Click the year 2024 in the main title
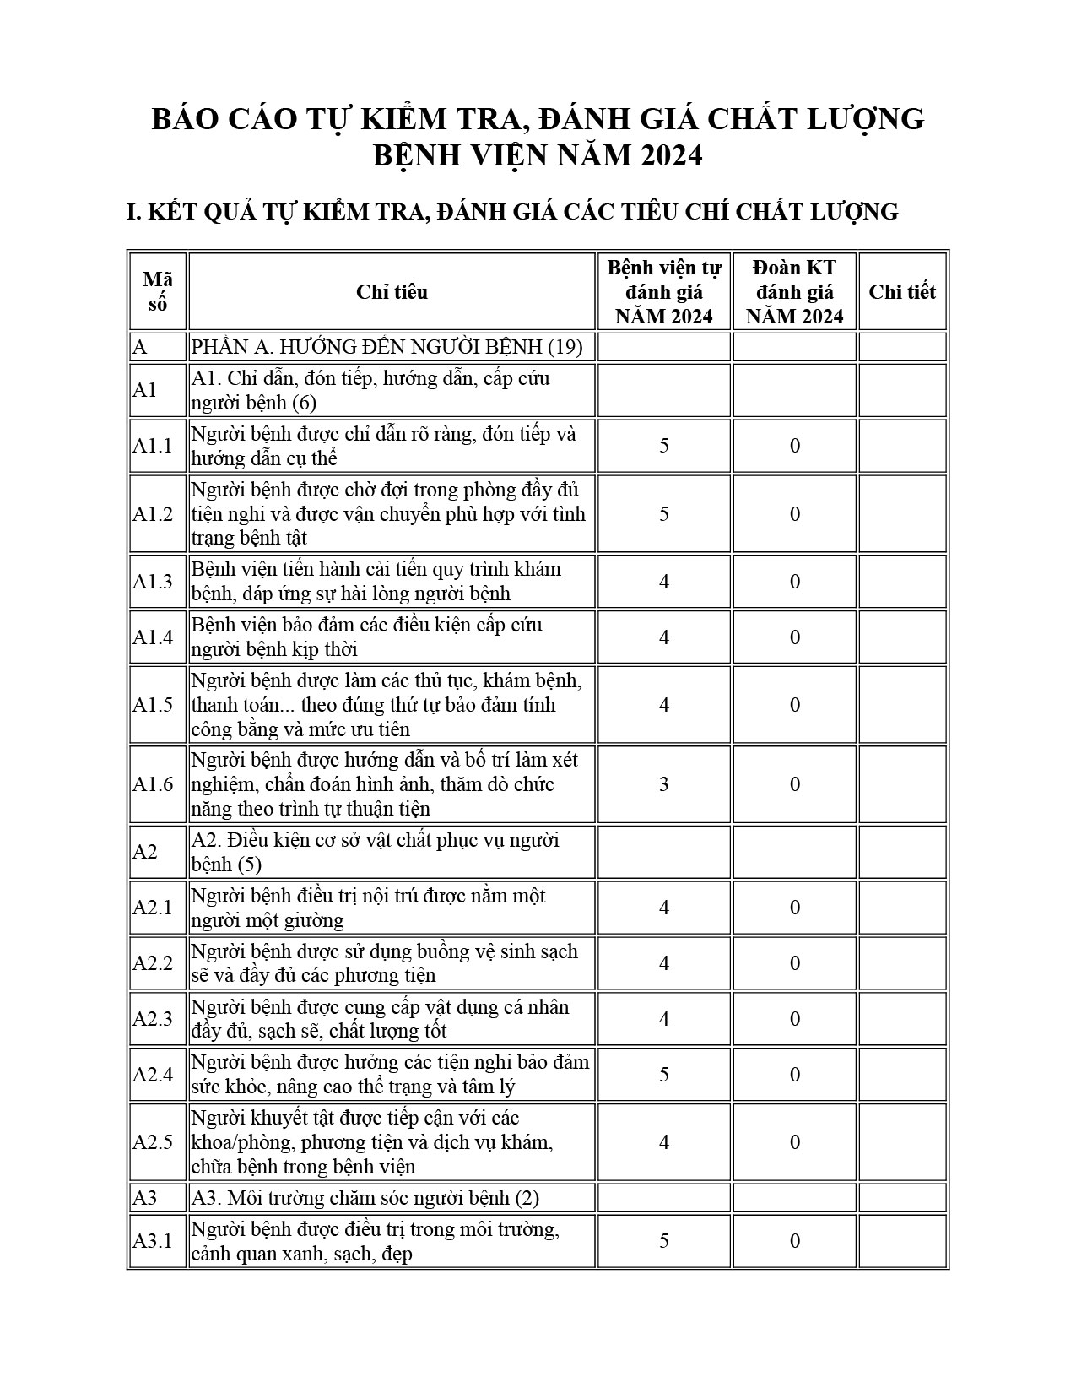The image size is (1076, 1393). click(670, 156)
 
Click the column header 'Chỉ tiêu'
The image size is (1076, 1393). click(392, 292)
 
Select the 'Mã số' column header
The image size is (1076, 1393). click(157, 292)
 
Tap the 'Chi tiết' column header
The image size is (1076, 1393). click(902, 292)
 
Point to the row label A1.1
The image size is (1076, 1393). click(152, 446)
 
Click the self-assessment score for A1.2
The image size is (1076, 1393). click(664, 514)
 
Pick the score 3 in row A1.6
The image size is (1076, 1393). click(664, 784)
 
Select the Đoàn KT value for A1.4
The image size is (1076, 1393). click(795, 637)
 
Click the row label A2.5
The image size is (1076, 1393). click(153, 1142)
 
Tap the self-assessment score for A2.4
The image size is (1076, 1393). click(664, 1075)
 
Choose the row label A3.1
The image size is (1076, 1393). click(152, 1241)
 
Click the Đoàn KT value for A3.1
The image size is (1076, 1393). click(795, 1241)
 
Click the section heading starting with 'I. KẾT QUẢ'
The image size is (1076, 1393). click(512, 212)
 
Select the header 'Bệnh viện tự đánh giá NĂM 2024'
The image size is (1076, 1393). click(664, 292)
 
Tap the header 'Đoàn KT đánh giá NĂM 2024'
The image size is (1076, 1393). click(795, 292)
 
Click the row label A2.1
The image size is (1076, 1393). click(152, 908)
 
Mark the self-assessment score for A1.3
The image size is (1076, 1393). click(664, 582)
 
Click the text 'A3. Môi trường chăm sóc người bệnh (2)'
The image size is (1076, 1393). click(365, 1198)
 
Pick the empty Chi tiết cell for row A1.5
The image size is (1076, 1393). click(902, 705)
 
